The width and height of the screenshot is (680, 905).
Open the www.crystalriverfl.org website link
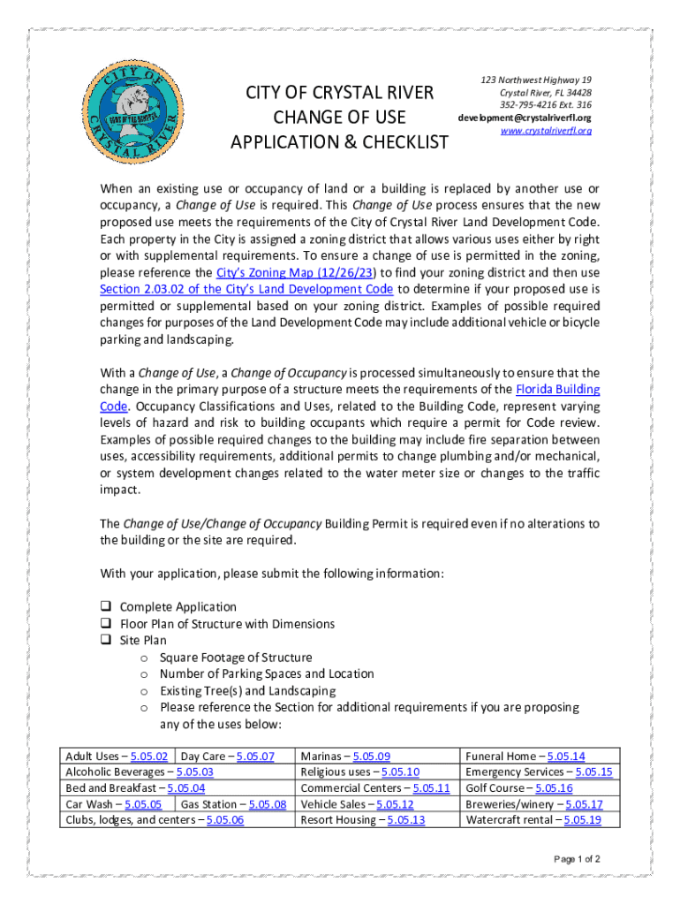point(546,131)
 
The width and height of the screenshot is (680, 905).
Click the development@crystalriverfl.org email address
point(524,118)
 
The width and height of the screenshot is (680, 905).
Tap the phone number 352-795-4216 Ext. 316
point(546,105)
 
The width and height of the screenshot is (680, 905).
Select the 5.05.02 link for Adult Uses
point(149,757)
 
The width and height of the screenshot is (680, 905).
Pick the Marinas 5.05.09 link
point(371,757)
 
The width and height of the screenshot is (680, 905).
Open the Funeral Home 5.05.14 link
point(566,757)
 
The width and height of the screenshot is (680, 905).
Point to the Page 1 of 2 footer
point(577,859)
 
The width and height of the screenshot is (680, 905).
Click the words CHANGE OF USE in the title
point(339,118)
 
